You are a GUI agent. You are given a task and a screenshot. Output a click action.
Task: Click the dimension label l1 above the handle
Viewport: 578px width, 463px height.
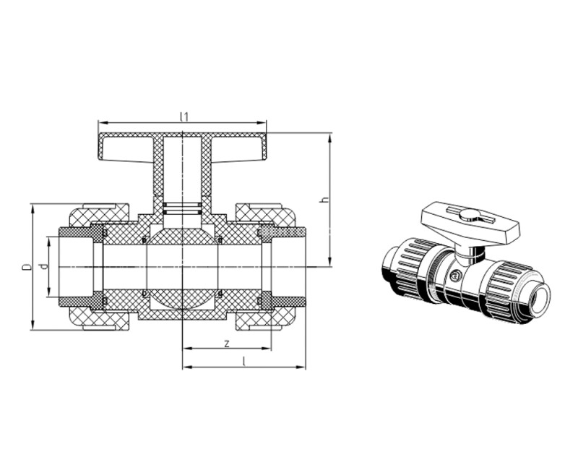coord(184,116)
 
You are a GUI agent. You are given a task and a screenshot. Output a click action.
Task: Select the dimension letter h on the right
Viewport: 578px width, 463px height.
coord(324,200)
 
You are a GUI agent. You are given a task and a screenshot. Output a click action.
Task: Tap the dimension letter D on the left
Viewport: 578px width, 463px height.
coord(26,267)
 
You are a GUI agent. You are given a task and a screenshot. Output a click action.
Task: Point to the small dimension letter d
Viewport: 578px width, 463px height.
coord(44,266)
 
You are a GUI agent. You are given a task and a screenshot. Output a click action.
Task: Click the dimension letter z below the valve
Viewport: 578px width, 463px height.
coord(227,344)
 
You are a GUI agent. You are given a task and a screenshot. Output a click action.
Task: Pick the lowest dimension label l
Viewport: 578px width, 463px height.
coord(243,361)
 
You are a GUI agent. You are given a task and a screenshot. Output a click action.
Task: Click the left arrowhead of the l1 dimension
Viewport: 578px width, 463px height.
coord(102,122)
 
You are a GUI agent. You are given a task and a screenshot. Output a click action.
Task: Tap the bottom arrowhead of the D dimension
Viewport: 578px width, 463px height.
coord(33,325)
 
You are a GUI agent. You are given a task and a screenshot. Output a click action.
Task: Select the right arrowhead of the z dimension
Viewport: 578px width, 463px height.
coord(267,348)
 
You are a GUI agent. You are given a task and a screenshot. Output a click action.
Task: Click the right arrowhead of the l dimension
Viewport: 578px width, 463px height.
coord(301,367)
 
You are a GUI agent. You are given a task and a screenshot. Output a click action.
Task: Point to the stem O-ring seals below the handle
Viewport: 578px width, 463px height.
coord(182,208)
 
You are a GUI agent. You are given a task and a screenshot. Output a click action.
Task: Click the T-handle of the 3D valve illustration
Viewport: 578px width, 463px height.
coord(469,221)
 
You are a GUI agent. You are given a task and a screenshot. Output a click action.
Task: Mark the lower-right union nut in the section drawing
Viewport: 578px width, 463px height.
coord(264,319)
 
